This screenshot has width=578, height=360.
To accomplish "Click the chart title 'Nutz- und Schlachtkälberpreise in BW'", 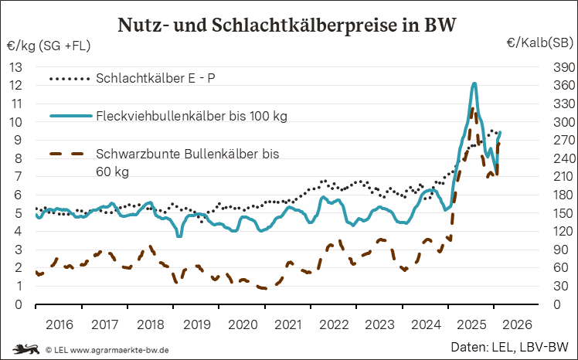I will pyautogui.click(x=287, y=24).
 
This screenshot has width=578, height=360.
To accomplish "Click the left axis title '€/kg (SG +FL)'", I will pyautogui.click(x=48, y=46).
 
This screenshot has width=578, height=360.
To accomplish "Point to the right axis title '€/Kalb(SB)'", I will pyautogui.click(x=539, y=43).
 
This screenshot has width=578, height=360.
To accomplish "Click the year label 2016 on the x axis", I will pyautogui.click(x=58, y=324).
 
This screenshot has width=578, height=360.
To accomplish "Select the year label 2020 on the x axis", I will pyautogui.click(x=241, y=324).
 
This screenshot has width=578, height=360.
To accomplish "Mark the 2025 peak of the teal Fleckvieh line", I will pyautogui.click(x=474, y=83).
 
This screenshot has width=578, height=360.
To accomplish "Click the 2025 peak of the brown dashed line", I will pyautogui.click(x=471, y=109).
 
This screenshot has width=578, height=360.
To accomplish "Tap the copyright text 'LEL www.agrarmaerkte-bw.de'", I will pyautogui.click(x=107, y=350).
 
